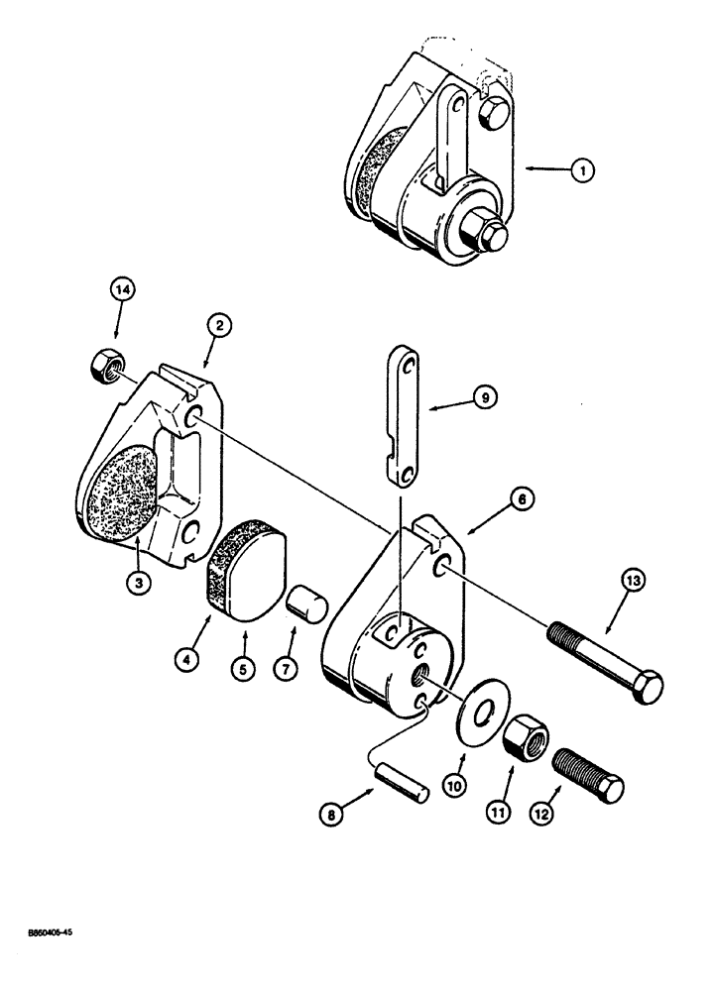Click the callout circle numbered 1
pos(582,170)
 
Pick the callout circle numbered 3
pos(139,583)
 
